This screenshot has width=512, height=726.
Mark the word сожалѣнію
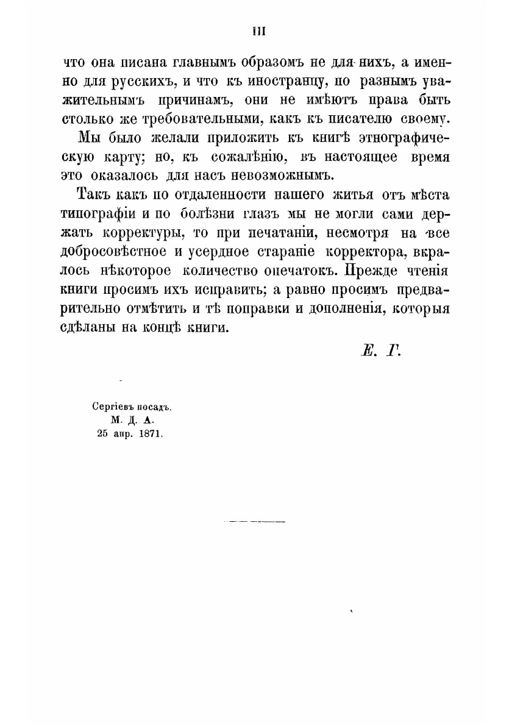[x=245, y=157]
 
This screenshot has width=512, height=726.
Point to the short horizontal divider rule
[x=255, y=522]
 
